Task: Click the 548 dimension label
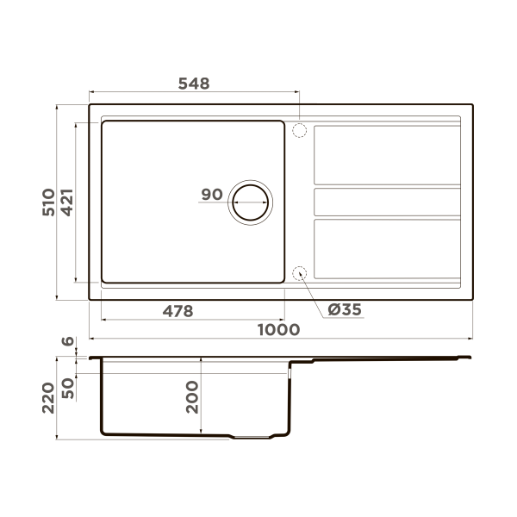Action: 194,84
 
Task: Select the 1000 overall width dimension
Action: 277,329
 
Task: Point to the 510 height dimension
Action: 49,202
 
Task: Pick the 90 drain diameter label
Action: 212,195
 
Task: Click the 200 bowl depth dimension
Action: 192,397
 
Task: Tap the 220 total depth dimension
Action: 49,397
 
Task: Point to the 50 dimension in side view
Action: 68,387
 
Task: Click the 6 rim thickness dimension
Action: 68,342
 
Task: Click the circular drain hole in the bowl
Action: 250,202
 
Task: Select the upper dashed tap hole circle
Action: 299,131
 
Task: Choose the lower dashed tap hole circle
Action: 299,273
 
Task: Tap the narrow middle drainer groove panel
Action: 386,202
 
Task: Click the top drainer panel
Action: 386,155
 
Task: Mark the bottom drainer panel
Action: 386,249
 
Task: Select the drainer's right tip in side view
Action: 469,357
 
